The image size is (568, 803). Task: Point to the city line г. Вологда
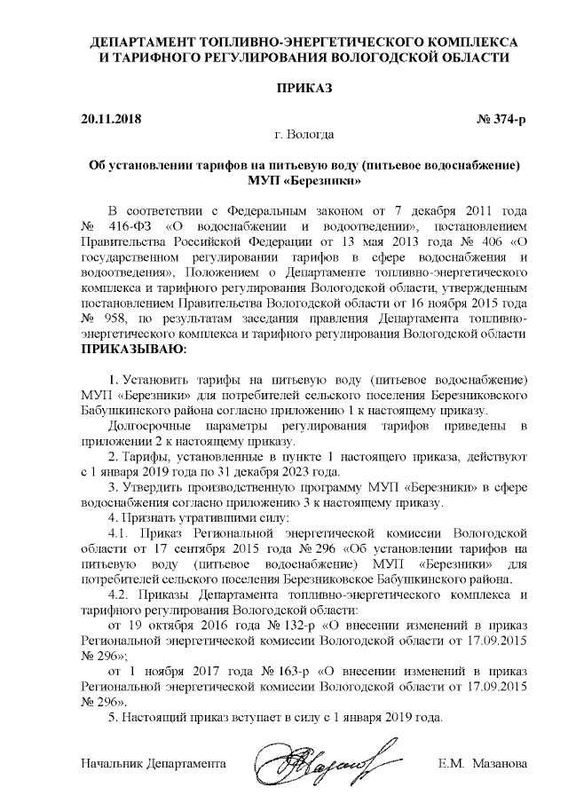point(304,135)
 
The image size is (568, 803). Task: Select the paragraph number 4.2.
point(120,594)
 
